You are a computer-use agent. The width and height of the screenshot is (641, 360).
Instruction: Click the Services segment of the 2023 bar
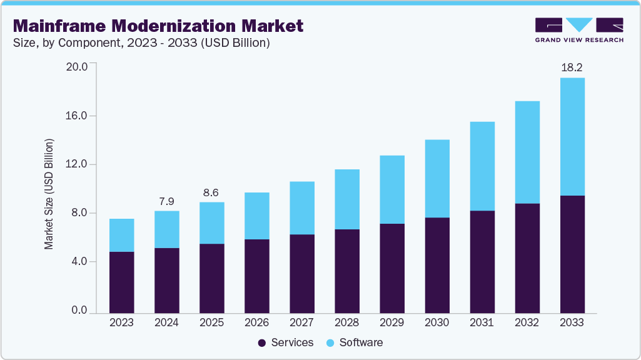point(121,282)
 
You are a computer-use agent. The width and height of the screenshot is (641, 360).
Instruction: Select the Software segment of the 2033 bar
point(572,136)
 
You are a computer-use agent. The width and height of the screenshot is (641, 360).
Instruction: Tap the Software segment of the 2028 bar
point(347,199)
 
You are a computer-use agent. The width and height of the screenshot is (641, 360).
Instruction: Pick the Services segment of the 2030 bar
point(437,265)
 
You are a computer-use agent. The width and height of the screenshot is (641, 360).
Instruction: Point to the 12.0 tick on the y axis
point(78,164)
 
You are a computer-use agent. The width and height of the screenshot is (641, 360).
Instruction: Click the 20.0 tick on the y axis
point(78,67)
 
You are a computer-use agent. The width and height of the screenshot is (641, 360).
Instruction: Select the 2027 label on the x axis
point(301,322)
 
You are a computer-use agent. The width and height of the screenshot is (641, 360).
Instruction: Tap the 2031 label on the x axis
point(482,322)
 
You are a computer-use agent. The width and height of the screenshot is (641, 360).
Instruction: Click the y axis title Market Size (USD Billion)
point(49,194)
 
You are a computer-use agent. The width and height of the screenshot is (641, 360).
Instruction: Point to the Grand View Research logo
point(579,30)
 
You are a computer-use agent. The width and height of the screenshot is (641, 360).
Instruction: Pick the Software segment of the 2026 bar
point(256,216)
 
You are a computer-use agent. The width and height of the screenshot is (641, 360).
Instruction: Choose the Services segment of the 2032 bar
point(527,258)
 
